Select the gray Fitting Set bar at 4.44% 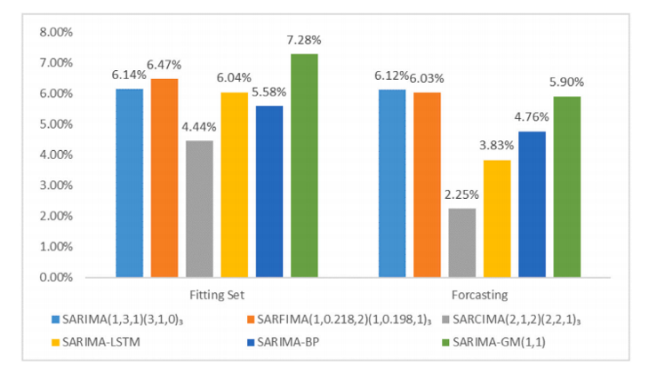[199, 209]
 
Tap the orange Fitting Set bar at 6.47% [164, 178]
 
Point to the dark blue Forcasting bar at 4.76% [532, 204]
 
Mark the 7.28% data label [304, 40]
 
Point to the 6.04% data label [235, 78]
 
